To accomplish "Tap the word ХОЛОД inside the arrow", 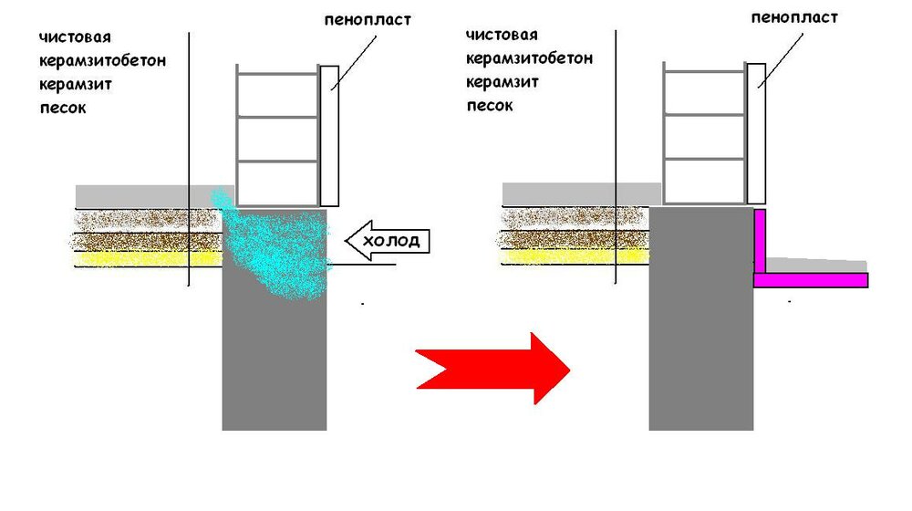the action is pos(391,240).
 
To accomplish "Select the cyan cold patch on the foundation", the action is pos(274,245).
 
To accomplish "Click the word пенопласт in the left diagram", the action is pos(368,20).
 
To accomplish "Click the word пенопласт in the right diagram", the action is pos(794,17).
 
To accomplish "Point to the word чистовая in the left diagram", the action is pos(75,37).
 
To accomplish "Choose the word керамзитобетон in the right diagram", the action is pos(529,58).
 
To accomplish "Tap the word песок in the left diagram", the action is pos(63,108).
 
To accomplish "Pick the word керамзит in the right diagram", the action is pos(503,82).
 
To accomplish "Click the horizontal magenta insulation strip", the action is pos(811,280).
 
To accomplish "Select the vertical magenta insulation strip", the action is pos(760,242).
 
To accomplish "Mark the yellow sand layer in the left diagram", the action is pos(149,259).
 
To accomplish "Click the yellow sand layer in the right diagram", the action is pos(575,256).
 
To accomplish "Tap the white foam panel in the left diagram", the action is pos(329,136).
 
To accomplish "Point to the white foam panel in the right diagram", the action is pos(756,133).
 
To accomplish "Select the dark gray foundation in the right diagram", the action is pos(701,318).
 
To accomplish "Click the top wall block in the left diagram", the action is pos(278,96).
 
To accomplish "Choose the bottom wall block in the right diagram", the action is pos(704,182).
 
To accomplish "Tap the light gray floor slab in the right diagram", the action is pos(582,194).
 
